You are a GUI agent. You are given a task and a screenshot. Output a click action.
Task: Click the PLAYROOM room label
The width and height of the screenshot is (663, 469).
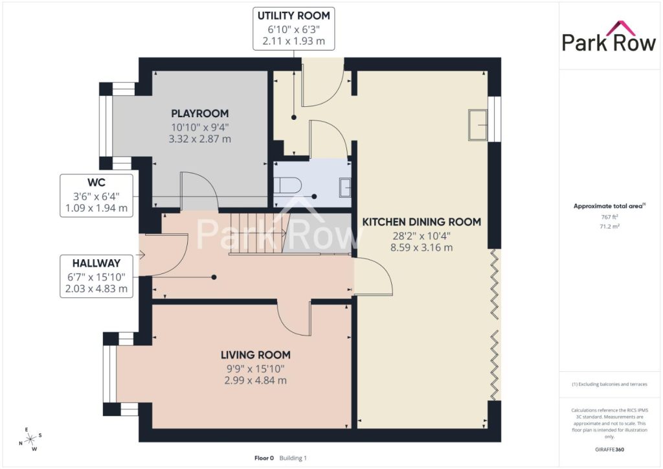click(x=199, y=113)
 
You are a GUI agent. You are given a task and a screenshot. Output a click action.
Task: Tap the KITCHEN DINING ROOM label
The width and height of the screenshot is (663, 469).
click(x=421, y=222)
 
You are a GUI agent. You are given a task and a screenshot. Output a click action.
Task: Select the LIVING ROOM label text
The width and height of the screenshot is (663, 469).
click(x=255, y=355)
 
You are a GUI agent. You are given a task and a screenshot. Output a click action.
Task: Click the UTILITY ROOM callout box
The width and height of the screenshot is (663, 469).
click(x=294, y=29)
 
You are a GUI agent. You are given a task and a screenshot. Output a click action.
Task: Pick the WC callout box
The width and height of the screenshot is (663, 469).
click(x=96, y=196)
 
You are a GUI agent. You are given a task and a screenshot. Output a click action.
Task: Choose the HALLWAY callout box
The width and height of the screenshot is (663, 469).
click(x=96, y=276)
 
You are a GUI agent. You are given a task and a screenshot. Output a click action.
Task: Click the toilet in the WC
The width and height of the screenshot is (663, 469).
click(x=287, y=185)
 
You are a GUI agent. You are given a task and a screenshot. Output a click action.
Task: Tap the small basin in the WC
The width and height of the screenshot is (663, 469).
click(x=345, y=188)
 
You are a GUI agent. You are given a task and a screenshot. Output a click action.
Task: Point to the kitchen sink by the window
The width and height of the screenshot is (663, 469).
click(x=478, y=125)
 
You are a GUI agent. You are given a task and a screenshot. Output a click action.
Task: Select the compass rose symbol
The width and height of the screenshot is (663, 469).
click(x=30, y=440)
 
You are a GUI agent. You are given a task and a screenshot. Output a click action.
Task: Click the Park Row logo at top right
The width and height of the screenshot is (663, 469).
click(x=609, y=37)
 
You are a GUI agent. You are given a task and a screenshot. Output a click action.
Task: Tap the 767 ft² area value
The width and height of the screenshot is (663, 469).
click(x=609, y=217)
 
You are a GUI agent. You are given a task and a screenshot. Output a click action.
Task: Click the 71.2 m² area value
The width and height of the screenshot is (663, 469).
click(x=609, y=226)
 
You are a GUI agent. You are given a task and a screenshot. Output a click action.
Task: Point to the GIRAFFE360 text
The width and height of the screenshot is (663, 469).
click(x=609, y=450)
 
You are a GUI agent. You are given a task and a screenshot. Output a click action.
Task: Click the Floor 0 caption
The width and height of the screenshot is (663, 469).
click(x=264, y=458)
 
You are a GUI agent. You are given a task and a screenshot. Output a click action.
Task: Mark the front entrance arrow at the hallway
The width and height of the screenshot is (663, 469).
click(x=140, y=255)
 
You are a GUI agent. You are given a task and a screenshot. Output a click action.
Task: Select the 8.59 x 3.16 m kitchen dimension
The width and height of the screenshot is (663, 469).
click(x=421, y=248)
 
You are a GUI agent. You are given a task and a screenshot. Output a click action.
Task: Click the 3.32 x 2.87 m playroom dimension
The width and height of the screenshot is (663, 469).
click(x=199, y=139)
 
